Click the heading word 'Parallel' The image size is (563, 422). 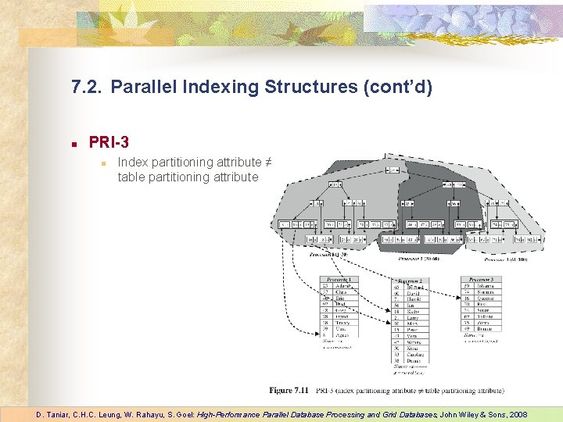tap(141, 87)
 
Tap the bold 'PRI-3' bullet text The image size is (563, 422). tap(109, 142)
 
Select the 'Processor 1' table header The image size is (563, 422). tap(339, 279)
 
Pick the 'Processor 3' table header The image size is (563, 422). tap(480, 279)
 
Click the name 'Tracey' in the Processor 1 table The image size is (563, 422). tap(341, 323)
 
